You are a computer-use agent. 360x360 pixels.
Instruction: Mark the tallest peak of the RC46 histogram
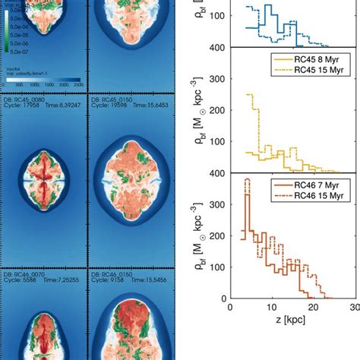tap(246, 181)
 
